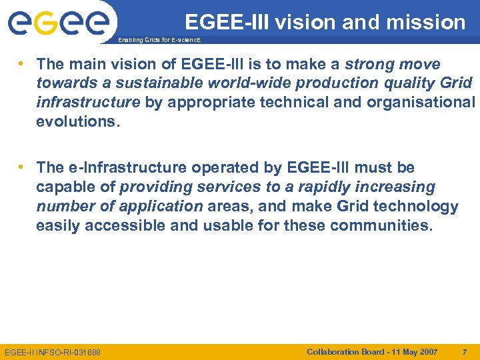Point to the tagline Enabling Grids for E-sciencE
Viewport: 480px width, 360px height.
158,40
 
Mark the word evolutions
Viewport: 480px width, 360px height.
77,122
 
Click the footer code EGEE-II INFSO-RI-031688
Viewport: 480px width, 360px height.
53,352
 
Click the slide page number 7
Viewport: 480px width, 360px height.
465,351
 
